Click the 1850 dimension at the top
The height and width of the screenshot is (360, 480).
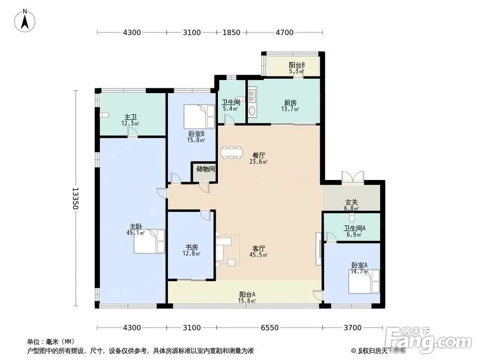click(x=231, y=33)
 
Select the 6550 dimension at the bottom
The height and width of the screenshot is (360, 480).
click(x=270, y=328)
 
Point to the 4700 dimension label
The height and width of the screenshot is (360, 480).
click(x=284, y=33)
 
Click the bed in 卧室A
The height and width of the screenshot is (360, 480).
click(x=363, y=281)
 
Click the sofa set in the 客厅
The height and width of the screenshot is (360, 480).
click(x=226, y=250)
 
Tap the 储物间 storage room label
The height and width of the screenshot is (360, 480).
click(x=205, y=169)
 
